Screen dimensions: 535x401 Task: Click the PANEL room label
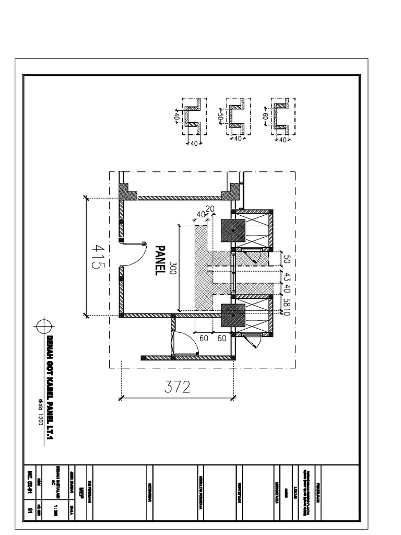161,260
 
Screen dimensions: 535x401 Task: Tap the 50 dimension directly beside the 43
286,258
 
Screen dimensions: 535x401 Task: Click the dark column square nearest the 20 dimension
233,230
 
